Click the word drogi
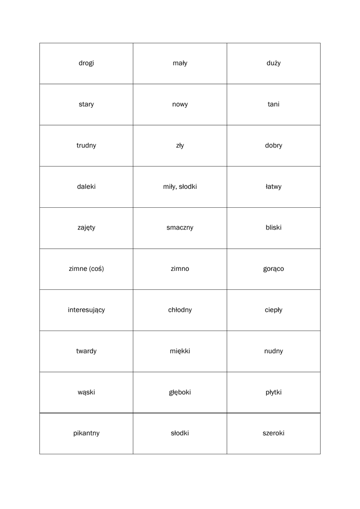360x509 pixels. coord(86,63)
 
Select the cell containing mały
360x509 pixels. coord(180,63)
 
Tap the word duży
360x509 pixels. coord(273,63)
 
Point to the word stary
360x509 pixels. coord(86,104)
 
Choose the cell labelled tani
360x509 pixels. coord(273,104)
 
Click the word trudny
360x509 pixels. coord(86,146)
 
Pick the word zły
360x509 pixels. coord(180,146)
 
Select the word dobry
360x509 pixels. coord(273,146)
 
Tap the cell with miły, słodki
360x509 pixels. coord(180,187)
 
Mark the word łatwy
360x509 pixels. coord(273,187)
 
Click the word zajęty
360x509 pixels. coord(86,228)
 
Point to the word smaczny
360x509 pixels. coord(180,228)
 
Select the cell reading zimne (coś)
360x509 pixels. coord(86,269)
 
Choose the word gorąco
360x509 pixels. coord(273,269)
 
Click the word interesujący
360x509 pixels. coord(86,310)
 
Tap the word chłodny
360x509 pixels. coord(180,310)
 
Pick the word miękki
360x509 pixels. coord(180,351)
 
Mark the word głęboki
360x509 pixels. coord(180,392)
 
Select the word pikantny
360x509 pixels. coord(86,433)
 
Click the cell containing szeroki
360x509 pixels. coord(273,433)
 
